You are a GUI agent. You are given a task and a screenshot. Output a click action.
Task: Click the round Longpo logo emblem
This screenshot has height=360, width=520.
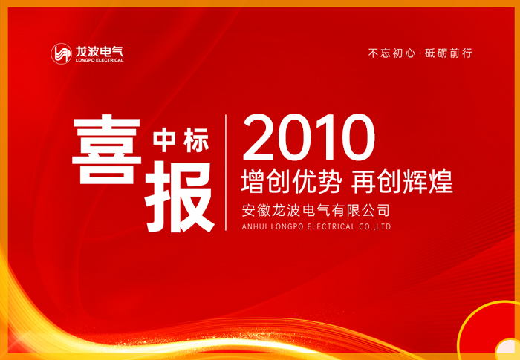click(61, 53)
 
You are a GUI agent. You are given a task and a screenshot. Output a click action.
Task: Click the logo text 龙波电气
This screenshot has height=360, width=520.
click(100, 50)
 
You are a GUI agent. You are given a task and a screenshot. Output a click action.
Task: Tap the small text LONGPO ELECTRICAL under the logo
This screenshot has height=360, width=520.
click(100, 61)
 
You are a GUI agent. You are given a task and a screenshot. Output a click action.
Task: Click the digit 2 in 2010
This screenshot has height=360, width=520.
click(260, 138)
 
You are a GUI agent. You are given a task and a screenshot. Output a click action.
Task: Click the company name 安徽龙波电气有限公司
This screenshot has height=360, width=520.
click(316, 210)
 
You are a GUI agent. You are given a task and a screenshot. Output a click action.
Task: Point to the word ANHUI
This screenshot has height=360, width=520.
click(256, 226)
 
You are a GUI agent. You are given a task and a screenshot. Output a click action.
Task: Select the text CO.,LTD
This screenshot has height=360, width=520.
click(375, 226)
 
